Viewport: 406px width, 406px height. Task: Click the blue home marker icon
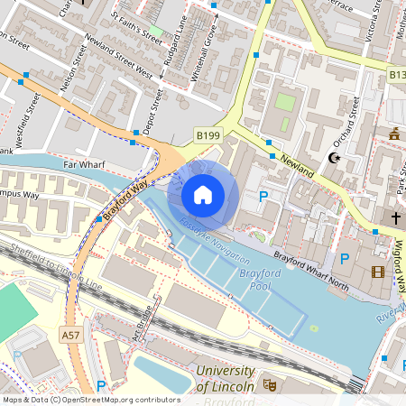[x=203, y=194]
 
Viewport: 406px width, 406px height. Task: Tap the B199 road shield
[x=208, y=135]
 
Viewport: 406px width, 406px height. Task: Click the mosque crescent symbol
[x=335, y=158]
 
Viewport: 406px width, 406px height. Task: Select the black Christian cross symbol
[x=395, y=218]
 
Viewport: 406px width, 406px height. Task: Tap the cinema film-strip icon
[x=377, y=272]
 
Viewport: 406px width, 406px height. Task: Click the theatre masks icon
[x=269, y=383]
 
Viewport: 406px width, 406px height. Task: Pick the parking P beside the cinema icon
[x=344, y=260]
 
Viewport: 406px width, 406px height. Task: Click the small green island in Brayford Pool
[x=314, y=328]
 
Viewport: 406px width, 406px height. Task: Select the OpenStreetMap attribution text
[x=91, y=399]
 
